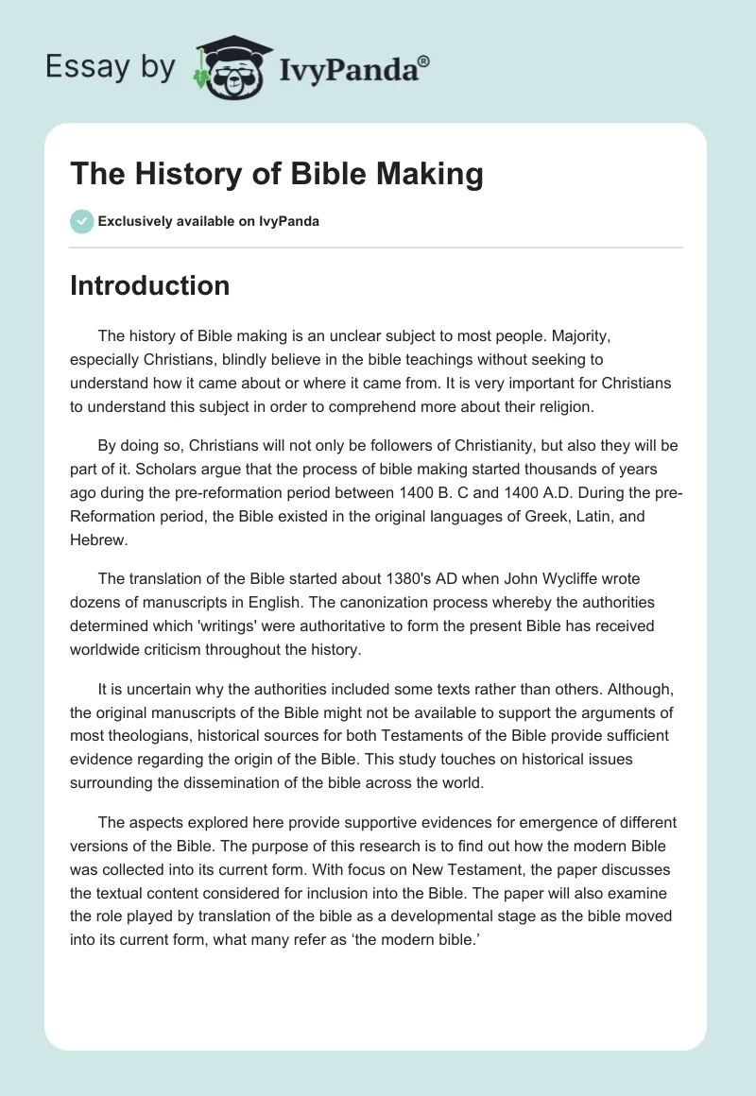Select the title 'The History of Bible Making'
[x=277, y=175]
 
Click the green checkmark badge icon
[x=81, y=221]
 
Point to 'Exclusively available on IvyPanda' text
[x=209, y=222]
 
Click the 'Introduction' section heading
[x=149, y=285]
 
